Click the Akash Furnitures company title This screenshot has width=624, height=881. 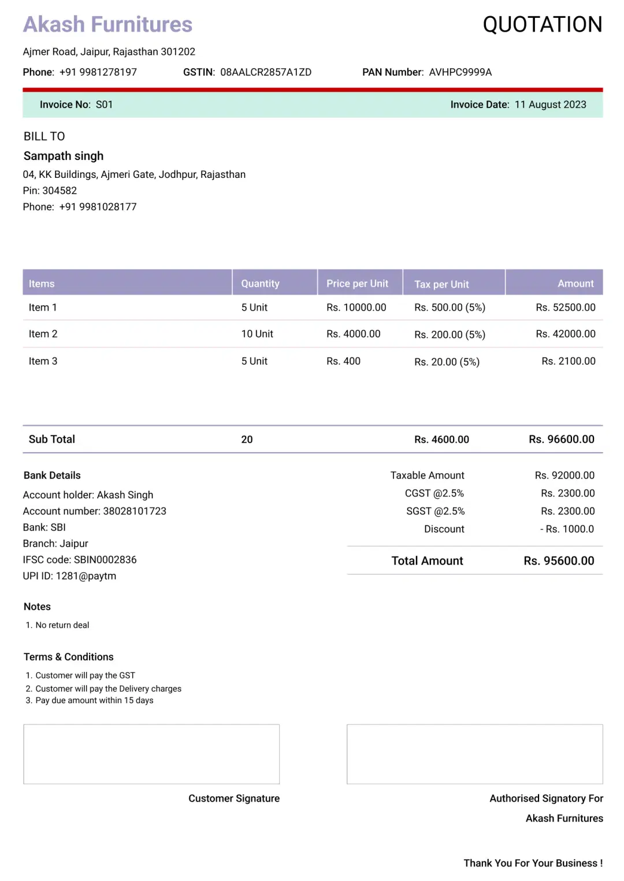coord(107,25)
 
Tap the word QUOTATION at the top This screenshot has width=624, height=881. coord(542,25)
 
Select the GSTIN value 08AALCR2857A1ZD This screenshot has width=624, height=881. coord(266,72)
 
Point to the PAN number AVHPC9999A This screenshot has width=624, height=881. coord(460,72)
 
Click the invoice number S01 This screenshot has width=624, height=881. coord(104,104)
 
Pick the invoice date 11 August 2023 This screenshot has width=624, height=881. coord(550,104)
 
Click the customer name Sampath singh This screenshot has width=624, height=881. coord(64,156)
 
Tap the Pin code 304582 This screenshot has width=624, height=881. coord(60,191)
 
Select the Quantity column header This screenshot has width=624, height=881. coord(260,283)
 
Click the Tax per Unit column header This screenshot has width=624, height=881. coord(441,284)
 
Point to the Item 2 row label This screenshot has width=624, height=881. coord(43,334)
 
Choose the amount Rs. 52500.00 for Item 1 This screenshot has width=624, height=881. coord(565,307)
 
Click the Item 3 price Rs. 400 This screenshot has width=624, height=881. coord(343,361)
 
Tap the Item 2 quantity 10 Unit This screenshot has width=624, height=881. coord(257,334)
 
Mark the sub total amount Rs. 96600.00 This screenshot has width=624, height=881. coord(561,439)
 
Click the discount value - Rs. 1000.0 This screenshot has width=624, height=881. coord(567,529)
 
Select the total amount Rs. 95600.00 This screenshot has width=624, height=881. coord(559,561)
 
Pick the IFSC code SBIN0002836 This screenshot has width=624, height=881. coord(105,559)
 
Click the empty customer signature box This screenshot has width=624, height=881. coord(151,754)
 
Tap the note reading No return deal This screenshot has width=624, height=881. coord(62,625)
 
